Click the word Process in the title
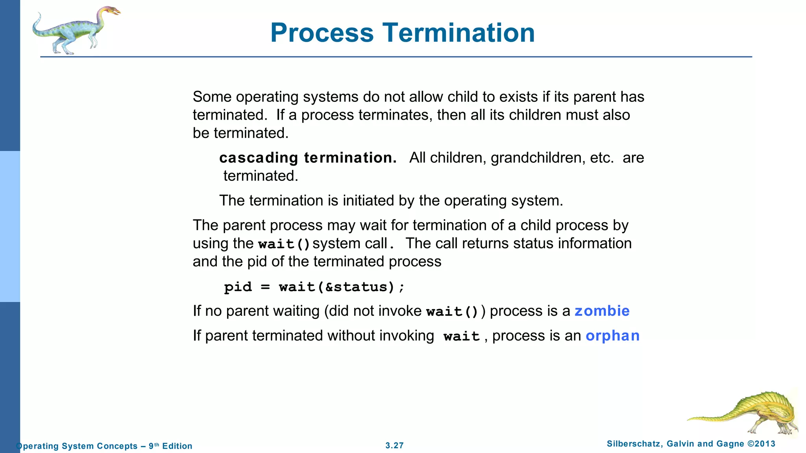(322, 33)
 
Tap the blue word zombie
(602, 311)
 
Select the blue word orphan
(612, 336)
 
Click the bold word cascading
(259, 158)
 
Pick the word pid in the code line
(238, 287)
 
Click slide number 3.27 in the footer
(394, 446)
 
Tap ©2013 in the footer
(761, 444)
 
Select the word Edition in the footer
(177, 446)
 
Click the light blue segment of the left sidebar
(10, 226)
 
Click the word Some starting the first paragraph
(212, 97)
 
